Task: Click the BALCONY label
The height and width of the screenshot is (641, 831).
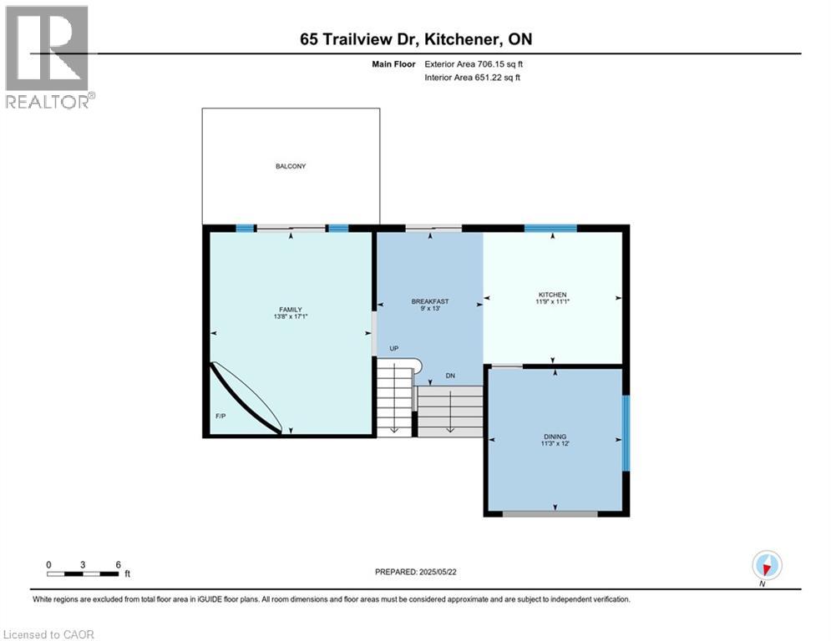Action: [291, 166]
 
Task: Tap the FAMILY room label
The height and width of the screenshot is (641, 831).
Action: [290, 310]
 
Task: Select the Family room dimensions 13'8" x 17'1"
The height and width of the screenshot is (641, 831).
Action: [290, 317]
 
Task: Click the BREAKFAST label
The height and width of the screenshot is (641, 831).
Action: [430, 301]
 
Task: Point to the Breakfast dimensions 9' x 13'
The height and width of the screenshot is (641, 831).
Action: [430, 309]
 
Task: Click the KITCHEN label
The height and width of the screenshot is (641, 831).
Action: [552, 295]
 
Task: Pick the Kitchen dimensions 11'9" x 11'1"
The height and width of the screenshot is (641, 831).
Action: [552, 302]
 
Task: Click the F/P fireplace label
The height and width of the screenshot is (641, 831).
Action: [221, 415]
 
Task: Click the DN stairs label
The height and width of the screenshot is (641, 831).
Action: [449, 376]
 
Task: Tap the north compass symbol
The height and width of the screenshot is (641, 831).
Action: [766, 566]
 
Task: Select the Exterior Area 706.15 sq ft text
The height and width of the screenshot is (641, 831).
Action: [474, 63]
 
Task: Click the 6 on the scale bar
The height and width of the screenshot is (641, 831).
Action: [118, 564]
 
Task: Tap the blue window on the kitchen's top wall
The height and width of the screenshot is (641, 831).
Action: [550, 228]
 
